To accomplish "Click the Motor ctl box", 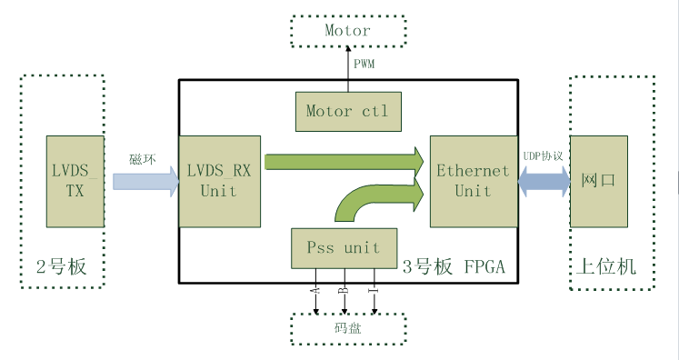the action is point(348,111).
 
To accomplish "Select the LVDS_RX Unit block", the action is point(220,181).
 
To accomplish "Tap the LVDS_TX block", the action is point(75,181).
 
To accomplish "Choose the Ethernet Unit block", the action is point(474,181).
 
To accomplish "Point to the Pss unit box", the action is point(344,248).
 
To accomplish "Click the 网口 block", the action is point(599,181).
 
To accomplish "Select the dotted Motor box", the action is point(348,31).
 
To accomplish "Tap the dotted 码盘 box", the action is point(348,329).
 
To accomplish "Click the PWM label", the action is point(364,65).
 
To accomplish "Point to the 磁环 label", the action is point(143,159).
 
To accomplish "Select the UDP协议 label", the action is point(543,156).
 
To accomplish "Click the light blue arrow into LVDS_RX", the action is point(146,182).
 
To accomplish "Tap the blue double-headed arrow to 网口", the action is point(544,182).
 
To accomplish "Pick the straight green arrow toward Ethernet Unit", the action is point(344,162).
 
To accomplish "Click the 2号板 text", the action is point(61,266).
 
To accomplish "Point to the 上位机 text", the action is point(605,266).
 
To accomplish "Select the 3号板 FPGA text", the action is point(454,266).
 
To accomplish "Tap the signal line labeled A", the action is point(315,292).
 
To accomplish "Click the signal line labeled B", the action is point(344,292).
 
